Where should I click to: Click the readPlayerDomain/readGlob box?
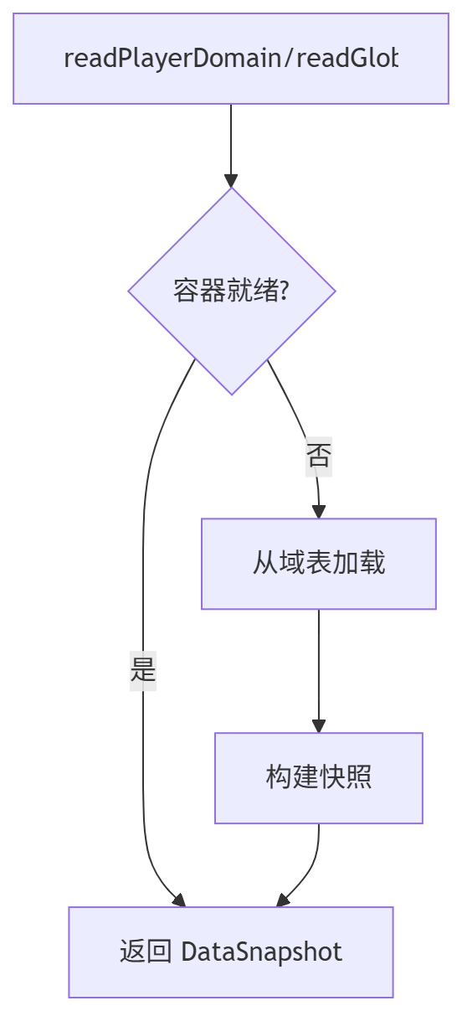tap(231, 59)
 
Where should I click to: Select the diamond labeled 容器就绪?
tap(231, 291)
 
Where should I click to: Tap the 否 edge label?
tap(318, 457)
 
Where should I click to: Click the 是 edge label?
tap(143, 670)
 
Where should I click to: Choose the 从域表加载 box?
tap(318, 563)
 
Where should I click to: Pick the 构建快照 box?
tap(318, 777)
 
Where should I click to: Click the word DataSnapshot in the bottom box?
tap(261, 952)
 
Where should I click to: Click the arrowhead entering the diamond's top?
tap(231, 180)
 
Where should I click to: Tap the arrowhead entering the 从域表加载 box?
tap(318, 512)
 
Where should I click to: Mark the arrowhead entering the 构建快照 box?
tap(318, 726)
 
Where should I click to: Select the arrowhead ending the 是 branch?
tap(178, 900)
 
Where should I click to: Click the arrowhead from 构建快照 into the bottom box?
tap(283, 900)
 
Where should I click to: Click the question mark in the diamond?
tap(285, 291)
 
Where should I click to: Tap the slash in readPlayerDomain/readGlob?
tap(291, 59)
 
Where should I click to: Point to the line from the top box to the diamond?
tap(231, 138)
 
